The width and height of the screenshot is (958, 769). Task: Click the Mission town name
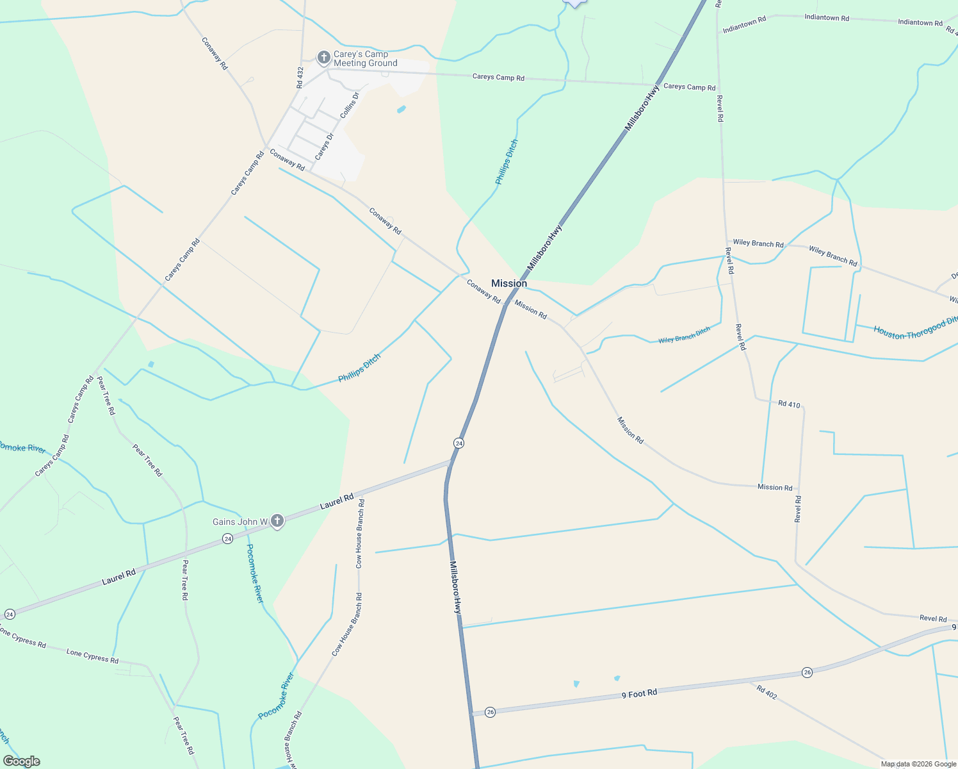coord(509,283)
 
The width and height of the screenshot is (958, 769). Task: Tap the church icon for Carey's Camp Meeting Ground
coord(324,58)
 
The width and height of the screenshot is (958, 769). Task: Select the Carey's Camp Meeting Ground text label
coord(365,58)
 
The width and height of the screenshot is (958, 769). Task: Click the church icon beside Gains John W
coord(277,521)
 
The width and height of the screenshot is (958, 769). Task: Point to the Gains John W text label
coord(240,522)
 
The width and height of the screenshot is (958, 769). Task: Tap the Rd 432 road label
coord(300,78)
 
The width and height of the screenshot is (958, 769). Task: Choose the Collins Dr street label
coord(350,105)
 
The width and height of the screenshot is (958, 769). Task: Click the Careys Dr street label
coord(325,147)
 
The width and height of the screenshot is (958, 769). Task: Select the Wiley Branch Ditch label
coord(685,335)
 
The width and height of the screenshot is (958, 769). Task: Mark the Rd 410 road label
coord(789,404)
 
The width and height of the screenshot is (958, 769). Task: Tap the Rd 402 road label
coord(767,692)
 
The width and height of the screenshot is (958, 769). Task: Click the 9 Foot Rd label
coord(639,693)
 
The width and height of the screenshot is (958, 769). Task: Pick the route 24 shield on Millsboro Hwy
coord(459,443)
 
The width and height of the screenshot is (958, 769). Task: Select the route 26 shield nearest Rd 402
coord(807,672)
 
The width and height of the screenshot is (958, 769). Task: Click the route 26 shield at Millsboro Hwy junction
coord(490,712)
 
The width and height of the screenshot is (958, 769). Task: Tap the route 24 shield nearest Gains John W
coord(227,539)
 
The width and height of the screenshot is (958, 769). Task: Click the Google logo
coord(21,761)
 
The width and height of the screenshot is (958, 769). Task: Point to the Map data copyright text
coord(918,764)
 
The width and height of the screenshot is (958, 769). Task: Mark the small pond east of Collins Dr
coord(402,110)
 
